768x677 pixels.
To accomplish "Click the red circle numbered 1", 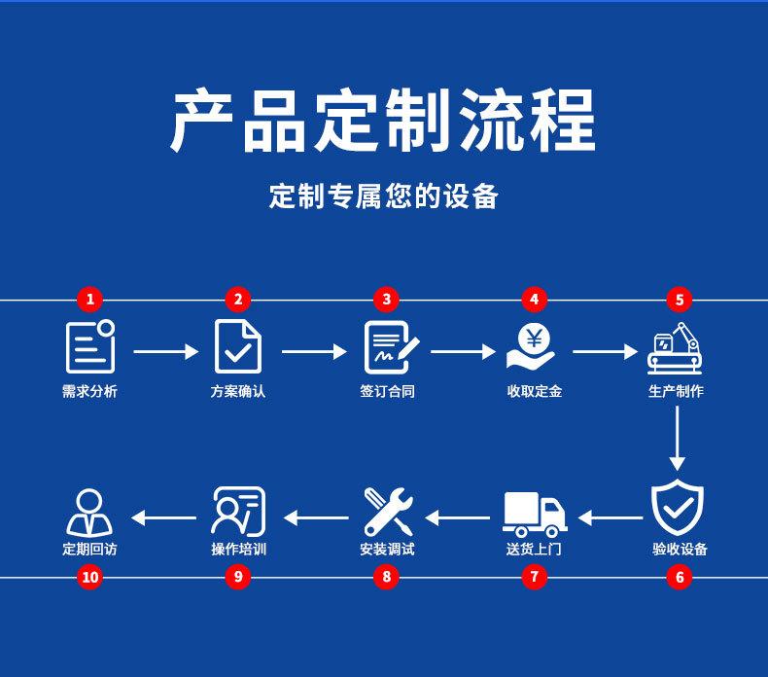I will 90,300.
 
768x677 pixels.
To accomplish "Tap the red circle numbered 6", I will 679,577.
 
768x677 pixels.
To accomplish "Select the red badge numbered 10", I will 90,577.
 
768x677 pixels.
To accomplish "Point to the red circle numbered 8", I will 386,577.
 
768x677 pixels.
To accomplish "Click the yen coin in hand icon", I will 532,346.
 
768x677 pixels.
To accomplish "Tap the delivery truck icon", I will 534,514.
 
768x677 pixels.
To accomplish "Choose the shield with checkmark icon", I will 678,509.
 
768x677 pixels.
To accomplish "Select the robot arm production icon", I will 676,348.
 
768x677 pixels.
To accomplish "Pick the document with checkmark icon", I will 237,346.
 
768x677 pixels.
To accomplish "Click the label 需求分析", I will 89,391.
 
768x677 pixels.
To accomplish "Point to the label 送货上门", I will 534,550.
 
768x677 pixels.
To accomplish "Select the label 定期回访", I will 89,550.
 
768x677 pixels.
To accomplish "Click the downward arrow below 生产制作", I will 678,439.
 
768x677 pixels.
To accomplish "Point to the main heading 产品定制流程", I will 383,121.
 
